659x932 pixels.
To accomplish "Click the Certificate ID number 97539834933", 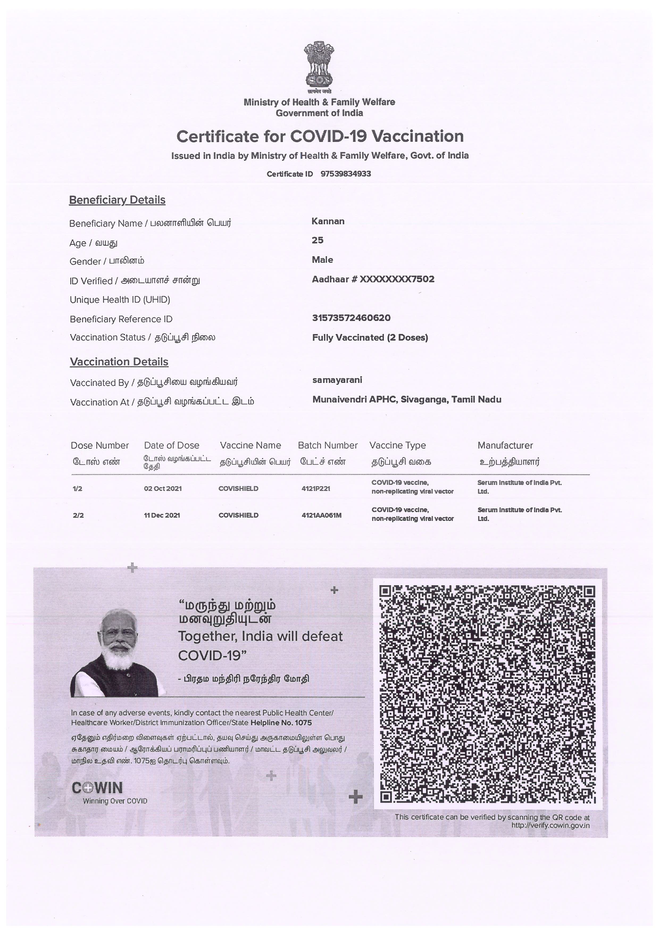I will (x=345, y=174).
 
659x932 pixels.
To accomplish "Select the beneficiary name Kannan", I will (x=328, y=221).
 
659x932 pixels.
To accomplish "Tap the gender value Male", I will (x=322, y=260).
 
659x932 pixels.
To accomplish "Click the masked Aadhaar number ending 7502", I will (x=373, y=279).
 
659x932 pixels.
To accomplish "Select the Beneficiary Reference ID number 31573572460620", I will (x=351, y=318).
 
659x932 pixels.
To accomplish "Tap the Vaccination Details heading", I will (x=119, y=362).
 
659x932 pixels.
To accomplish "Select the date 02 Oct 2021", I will (x=163, y=489).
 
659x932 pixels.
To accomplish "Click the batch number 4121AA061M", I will (x=321, y=515).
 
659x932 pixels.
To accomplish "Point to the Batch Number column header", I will (x=327, y=445).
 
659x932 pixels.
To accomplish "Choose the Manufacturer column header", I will (x=505, y=445).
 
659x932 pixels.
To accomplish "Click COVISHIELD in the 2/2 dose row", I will (x=238, y=515).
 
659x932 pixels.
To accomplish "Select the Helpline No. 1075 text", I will (x=281, y=723).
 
